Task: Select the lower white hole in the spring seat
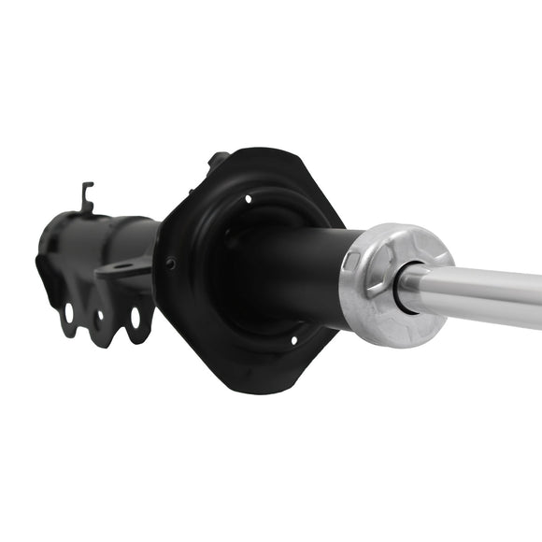click(292, 339)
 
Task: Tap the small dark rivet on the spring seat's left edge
click(170, 264)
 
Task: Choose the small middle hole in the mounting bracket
click(100, 314)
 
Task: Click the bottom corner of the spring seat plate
click(252, 386)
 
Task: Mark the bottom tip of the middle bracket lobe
click(101, 342)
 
